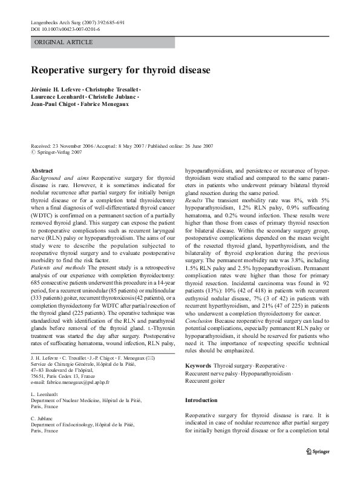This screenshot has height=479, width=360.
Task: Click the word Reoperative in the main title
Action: tap(65, 71)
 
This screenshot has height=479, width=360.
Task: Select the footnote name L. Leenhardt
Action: tap(43, 410)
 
